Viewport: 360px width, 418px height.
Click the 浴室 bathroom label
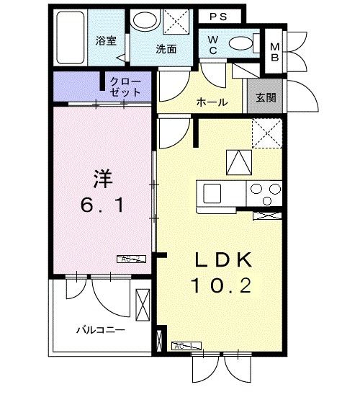coord(107,40)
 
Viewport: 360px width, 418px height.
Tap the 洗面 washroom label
coord(166,49)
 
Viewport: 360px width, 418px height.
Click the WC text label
coord(214,45)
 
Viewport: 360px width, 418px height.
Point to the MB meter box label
coord(274,53)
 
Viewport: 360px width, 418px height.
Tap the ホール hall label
coord(212,102)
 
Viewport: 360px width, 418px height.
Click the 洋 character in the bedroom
coord(102,177)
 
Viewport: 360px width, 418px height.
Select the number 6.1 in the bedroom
coord(102,206)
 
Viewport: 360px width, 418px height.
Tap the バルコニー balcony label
coord(102,330)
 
